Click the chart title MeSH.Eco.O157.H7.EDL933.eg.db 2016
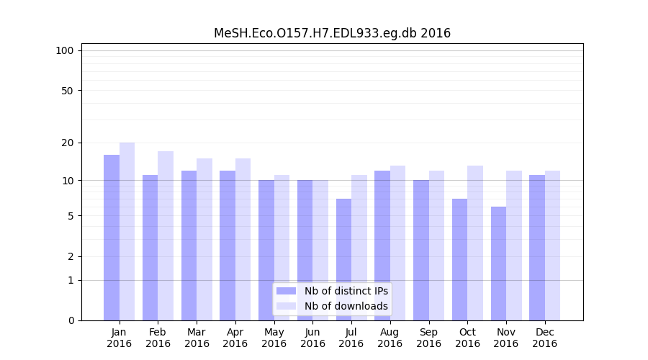click(x=332, y=33)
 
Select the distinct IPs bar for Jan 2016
click(x=112, y=238)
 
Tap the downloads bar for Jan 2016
click(x=127, y=231)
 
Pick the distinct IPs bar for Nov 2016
click(x=498, y=264)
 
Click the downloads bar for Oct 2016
click(x=475, y=243)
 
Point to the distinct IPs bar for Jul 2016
click(x=343, y=259)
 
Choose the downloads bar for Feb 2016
click(x=166, y=235)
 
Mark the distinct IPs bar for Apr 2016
click(x=228, y=246)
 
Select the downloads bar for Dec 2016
click(x=552, y=246)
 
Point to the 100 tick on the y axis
click(x=65, y=50)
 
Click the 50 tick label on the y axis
click(x=67, y=91)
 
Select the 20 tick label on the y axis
click(x=67, y=143)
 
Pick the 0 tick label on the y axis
click(x=71, y=320)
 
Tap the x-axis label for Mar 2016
click(x=197, y=338)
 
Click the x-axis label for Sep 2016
click(x=428, y=338)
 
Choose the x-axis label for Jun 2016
click(x=312, y=338)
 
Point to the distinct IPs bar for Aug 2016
click(x=382, y=246)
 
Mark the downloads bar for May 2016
click(x=282, y=248)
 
